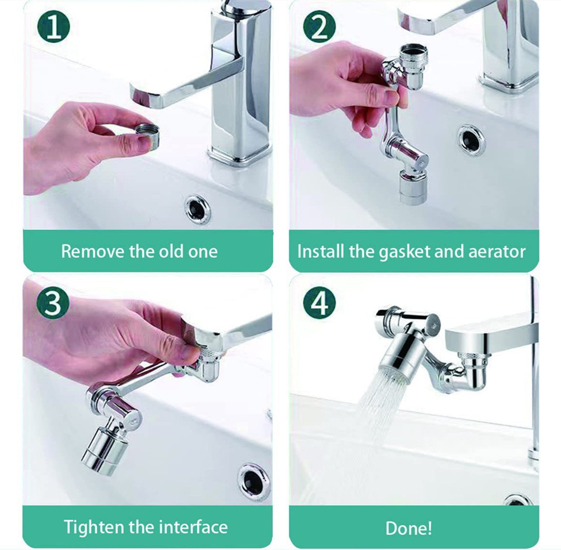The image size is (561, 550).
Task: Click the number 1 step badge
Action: pos(53,27)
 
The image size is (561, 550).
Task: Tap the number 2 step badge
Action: pos(319,27)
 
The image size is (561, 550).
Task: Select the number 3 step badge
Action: pos(53,302)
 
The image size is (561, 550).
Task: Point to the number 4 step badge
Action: pos(319,302)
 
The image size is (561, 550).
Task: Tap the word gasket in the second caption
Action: pos(405,252)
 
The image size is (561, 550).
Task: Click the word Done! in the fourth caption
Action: pos(409,528)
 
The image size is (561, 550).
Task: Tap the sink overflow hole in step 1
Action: pos(198,209)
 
